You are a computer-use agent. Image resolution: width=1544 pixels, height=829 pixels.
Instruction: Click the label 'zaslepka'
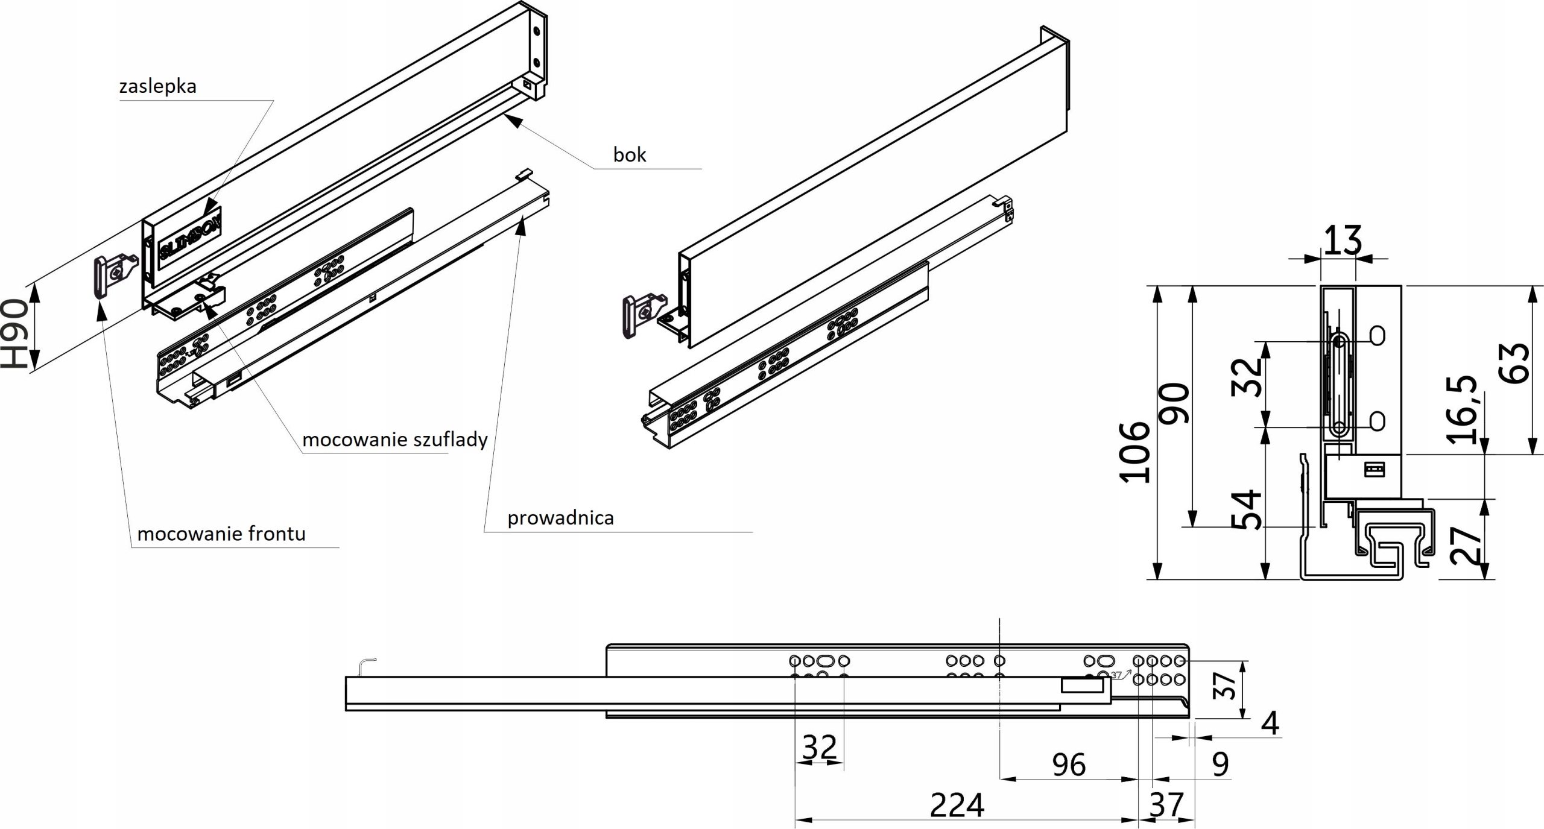158,86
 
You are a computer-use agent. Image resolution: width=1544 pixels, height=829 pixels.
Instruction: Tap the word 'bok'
629,155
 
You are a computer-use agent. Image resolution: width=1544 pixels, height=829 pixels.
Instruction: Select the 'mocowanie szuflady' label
394,439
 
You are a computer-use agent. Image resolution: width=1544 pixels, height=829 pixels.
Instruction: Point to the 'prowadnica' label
560,517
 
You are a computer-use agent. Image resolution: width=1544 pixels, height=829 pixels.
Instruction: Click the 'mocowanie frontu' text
221,534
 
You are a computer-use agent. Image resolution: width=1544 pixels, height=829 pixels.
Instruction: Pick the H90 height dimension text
14,334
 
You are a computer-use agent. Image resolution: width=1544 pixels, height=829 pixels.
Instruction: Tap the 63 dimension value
1514,363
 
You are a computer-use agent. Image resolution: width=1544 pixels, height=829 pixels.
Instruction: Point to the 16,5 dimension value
1462,409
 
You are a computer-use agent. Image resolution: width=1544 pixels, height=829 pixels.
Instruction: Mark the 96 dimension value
1069,764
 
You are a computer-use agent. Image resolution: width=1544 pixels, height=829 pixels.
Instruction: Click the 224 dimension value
957,805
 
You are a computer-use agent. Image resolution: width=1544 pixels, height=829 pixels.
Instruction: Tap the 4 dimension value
1270,723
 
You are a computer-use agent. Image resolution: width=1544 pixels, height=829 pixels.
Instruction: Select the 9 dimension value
1220,764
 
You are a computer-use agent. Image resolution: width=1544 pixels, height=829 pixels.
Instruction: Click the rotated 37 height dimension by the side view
1225,686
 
